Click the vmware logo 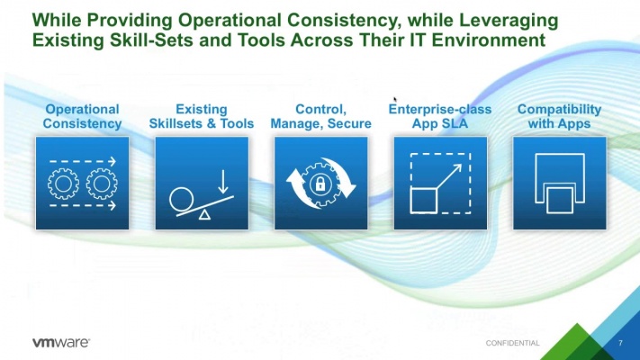pyautogui.click(x=61, y=342)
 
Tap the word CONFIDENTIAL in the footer pyautogui.click(x=512, y=343)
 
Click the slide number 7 pyautogui.click(x=620, y=343)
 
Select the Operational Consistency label pyautogui.click(x=82, y=116)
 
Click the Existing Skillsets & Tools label pyautogui.click(x=202, y=116)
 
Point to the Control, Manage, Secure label pyautogui.click(x=320, y=116)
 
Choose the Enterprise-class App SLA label pyautogui.click(x=440, y=116)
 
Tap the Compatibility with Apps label pyautogui.click(x=559, y=116)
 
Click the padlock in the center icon pyautogui.click(x=320, y=184)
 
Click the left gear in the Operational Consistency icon pyautogui.click(x=63, y=184)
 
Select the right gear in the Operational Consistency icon pyautogui.click(x=102, y=184)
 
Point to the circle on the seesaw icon pyautogui.click(x=182, y=200)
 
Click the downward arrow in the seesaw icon pyautogui.click(x=223, y=182)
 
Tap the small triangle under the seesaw pyautogui.click(x=204, y=215)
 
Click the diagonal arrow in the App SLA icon pyautogui.click(x=449, y=176)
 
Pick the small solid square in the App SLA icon pyautogui.click(x=423, y=200)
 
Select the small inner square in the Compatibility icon pyautogui.click(x=560, y=200)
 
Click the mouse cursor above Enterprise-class pyautogui.click(x=395, y=100)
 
